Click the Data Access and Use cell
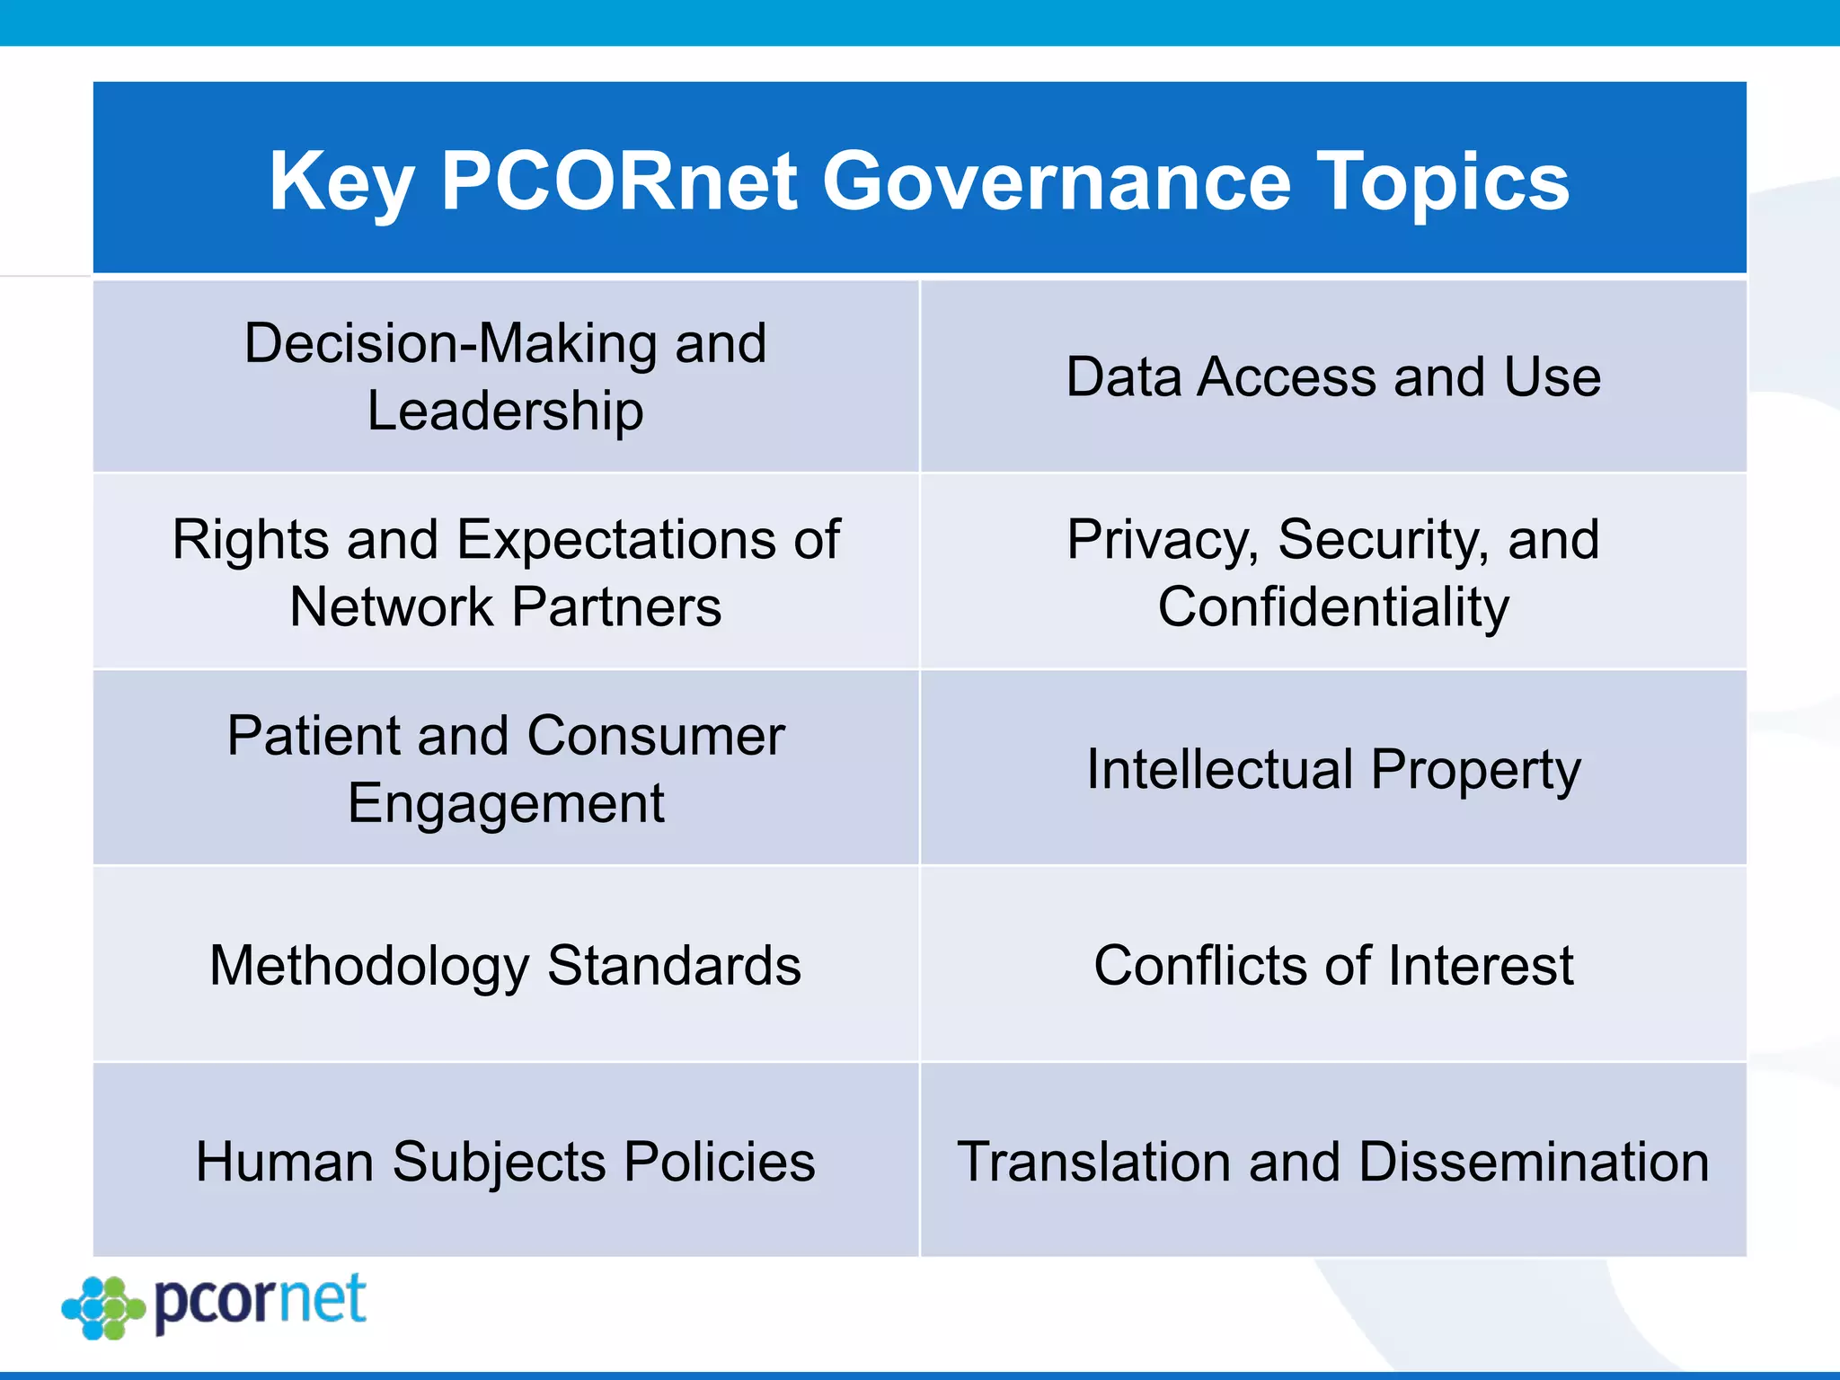point(1332,376)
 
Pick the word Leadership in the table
point(505,411)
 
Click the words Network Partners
point(505,607)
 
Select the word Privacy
point(1162,540)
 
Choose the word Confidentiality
point(1332,607)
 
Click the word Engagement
point(505,803)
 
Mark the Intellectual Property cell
point(1332,770)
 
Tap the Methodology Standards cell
point(505,966)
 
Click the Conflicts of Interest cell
point(1332,966)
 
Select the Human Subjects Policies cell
point(505,1162)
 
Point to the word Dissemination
point(1533,1162)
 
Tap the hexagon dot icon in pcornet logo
point(103,1307)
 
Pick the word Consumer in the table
point(656,736)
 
